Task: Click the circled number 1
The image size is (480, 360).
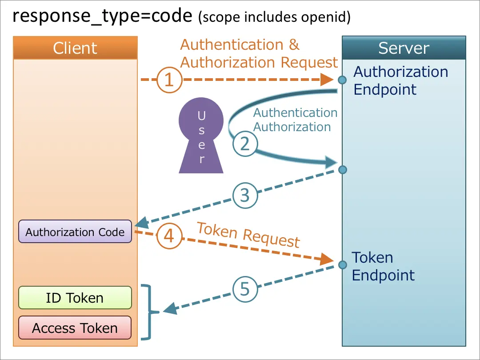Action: coord(168,80)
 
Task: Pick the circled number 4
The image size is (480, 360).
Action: coord(169,236)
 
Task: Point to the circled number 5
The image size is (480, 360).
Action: coord(245,289)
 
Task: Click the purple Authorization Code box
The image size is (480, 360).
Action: coord(75,232)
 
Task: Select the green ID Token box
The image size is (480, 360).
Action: coord(75,298)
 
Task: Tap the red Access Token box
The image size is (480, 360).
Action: coord(75,328)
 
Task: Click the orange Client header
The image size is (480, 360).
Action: coord(75,48)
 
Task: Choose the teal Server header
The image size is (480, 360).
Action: coord(404,48)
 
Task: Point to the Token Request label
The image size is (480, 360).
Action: coord(248,235)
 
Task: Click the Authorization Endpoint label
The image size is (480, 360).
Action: coord(400,80)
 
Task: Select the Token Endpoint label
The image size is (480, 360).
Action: coord(383,266)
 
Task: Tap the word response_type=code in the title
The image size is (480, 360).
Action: coord(102,16)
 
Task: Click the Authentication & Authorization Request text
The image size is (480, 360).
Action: coord(259,54)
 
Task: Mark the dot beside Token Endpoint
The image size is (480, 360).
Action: coord(342,265)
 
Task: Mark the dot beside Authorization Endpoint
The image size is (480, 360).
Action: coord(342,80)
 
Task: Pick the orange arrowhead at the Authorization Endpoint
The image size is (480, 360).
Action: coord(328,80)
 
